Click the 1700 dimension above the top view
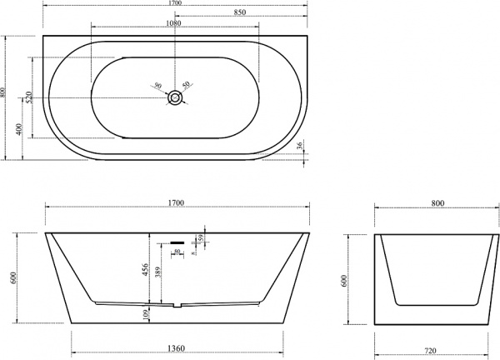click(176, 4)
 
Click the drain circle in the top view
click(175, 97)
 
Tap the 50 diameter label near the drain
click(187, 85)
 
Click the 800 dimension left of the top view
click(4, 97)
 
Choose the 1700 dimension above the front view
click(176, 202)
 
